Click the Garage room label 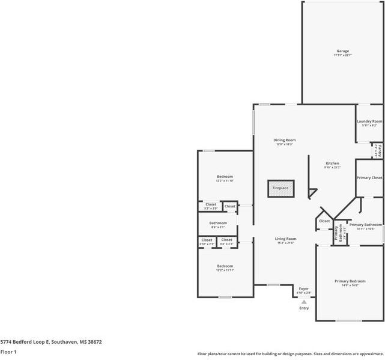342,51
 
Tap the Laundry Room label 369,121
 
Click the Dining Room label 285,140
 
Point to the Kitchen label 332,163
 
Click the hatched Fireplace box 280,188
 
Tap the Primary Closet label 369,178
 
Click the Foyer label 304,289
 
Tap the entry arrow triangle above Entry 304,302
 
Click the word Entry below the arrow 304,308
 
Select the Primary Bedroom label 350,281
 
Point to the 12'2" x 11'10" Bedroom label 225,177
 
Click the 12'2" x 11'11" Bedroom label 225,266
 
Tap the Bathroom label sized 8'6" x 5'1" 218,223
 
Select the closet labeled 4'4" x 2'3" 226,240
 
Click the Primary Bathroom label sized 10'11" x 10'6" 365,225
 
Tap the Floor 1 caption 8,352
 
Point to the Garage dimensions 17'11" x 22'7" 342,55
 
